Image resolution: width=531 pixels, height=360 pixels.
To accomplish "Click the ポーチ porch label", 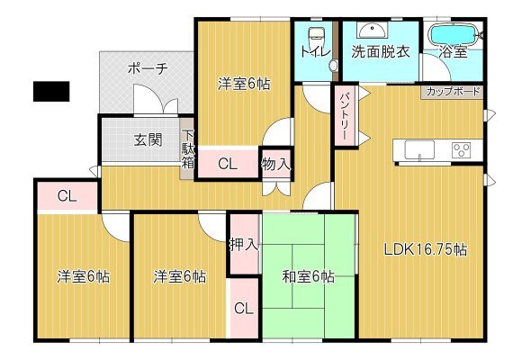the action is (x=148, y=69).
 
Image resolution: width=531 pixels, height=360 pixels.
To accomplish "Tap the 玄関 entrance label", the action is (x=148, y=139).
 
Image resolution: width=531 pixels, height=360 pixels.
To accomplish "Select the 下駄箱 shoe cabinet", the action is (x=187, y=148).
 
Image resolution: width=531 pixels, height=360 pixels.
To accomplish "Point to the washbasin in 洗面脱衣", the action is (x=372, y=31).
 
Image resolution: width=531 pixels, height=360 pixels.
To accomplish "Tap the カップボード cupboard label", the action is (x=453, y=92).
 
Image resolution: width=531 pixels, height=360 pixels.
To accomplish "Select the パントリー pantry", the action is (x=344, y=116).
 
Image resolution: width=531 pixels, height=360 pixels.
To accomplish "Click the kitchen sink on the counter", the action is (x=419, y=149).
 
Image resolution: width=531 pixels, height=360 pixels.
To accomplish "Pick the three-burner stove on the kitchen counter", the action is (x=462, y=149).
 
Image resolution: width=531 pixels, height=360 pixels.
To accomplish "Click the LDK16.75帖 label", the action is (x=426, y=249).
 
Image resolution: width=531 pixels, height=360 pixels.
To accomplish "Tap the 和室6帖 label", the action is (x=308, y=276).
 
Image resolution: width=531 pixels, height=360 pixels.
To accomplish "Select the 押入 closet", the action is (x=245, y=243).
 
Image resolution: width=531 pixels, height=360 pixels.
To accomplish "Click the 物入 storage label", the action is (x=276, y=165).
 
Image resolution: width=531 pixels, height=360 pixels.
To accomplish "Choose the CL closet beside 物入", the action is (x=229, y=164).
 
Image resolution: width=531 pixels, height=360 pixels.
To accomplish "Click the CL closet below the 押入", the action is (x=244, y=308).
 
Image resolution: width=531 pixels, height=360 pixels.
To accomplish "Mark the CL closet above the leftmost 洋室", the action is (x=67, y=196).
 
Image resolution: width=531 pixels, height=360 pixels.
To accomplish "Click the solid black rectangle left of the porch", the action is (x=51, y=91).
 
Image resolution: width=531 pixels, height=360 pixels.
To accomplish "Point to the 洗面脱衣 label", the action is (x=381, y=52).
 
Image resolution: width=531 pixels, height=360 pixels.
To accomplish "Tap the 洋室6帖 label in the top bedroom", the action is (x=244, y=84).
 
